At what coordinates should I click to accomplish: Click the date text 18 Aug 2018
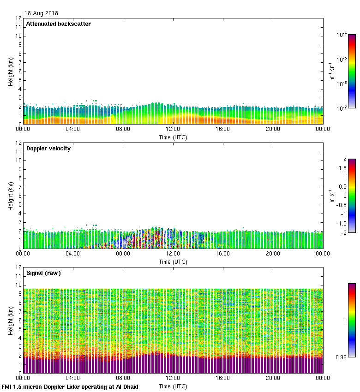coord(42,13)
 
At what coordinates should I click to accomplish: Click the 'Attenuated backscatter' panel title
coord(58,24)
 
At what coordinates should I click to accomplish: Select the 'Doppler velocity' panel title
coord(48,148)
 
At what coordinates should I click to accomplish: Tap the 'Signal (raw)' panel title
coord(43,273)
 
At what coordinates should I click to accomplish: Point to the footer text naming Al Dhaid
coord(70,386)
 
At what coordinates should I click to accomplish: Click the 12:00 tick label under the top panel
coord(173,129)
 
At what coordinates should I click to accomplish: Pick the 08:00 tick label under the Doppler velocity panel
coord(123,254)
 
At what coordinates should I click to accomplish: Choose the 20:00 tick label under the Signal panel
coord(273,378)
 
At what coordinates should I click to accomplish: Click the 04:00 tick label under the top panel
coord(73,129)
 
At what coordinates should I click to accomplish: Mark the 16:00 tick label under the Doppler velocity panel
coord(223,254)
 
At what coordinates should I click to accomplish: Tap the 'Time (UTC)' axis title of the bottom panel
coord(173,386)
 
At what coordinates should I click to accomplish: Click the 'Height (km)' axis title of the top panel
coord(10,71)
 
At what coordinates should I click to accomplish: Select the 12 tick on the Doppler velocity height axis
coord(18,143)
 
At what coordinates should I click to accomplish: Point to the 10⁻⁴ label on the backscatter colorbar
coord(342,35)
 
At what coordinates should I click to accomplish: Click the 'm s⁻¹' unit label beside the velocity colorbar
coord(331,196)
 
